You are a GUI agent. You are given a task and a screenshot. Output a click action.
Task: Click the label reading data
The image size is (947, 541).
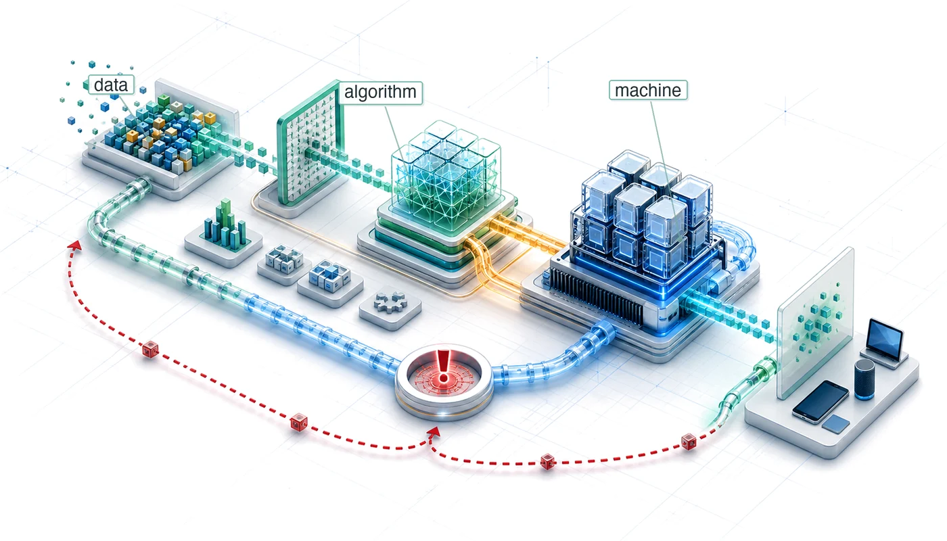click(x=111, y=85)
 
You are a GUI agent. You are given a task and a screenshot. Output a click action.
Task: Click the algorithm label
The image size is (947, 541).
click(x=380, y=92)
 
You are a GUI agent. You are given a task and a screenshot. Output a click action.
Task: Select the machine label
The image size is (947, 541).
click(x=648, y=91)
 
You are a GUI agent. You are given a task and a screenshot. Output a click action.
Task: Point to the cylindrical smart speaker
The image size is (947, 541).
click(x=864, y=379)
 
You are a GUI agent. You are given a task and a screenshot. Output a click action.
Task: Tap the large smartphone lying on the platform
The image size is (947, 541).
click(x=820, y=401)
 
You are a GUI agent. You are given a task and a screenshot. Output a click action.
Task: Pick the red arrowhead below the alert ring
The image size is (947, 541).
click(x=434, y=431)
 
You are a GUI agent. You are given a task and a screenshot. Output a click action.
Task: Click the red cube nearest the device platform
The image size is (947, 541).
click(x=689, y=442)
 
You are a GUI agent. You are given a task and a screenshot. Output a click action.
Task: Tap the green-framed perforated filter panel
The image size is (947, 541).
click(x=310, y=143)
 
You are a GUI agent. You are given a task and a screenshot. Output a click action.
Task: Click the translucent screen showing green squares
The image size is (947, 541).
click(x=815, y=323)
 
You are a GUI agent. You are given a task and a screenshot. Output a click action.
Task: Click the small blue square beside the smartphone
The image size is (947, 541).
click(x=836, y=424)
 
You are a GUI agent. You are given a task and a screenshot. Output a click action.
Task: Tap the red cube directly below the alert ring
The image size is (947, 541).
click(x=547, y=461)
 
